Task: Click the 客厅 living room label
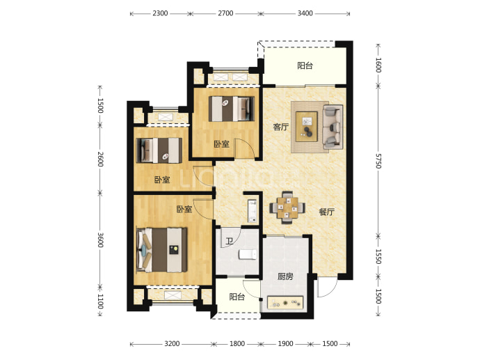click(x=281, y=127)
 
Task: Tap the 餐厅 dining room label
click(x=327, y=212)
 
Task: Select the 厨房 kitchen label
click(x=285, y=276)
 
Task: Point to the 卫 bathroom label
click(x=230, y=241)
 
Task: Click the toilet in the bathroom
click(x=248, y=254)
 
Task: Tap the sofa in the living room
click(x=333, y=127)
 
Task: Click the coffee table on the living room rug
click(x=306, y=127)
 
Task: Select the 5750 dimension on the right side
click(x=378, y=161)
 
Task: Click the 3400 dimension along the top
click(x=305, y=13)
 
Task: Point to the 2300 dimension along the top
click(x=160, y=13)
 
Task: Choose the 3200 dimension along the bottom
click(x=172, y=344)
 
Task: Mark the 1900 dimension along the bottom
click(x=285, y=344)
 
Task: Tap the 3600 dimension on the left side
click(x=100, y=240)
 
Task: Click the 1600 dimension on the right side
click(x=378, y=65)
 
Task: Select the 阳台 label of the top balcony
click(x=305, y=65)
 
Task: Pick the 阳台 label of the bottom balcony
click(x=237, y=297)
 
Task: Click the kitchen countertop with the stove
click(x=285, y=303)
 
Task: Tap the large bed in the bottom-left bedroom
click(x=161, y=250)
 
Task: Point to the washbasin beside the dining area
click(x=252, y=211)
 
